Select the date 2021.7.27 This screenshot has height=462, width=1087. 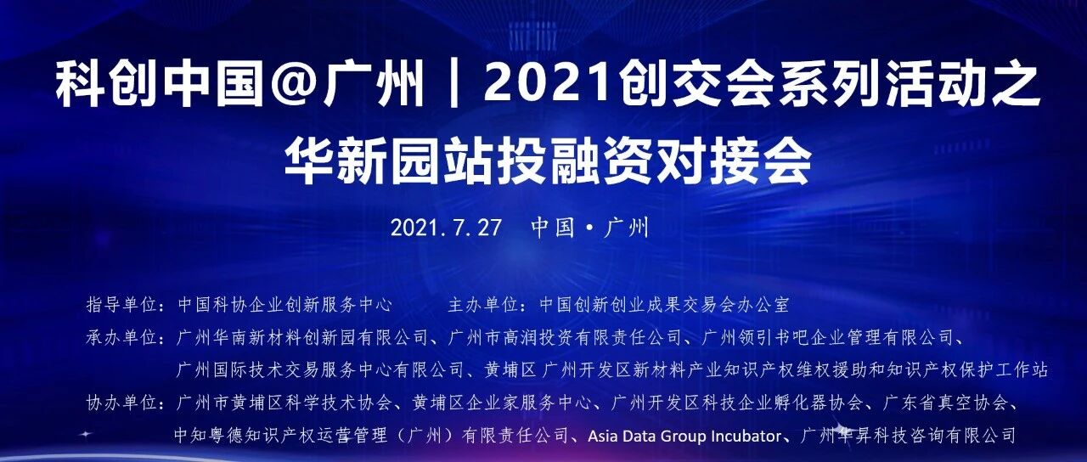coord(446,228)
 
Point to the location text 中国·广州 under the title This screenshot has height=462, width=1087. coord(589,228)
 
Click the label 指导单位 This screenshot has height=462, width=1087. coord(122,305)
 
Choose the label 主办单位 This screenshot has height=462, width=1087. coord(483,305)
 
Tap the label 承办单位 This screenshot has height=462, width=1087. coord(122,337)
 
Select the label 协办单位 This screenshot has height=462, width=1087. coord(122,403)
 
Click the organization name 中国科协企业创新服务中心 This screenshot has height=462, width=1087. coord(284,305)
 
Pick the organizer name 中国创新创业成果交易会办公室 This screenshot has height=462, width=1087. coord(664,305)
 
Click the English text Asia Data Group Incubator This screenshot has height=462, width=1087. coord(684,437)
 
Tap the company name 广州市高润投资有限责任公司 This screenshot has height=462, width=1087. coord(566,337)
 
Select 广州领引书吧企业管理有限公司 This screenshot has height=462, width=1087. coord(828,337)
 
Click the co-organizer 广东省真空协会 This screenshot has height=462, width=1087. coord(945,403)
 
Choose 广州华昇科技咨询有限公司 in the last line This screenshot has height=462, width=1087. coord(908,436)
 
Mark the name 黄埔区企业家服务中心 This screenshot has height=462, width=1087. coord(502,403)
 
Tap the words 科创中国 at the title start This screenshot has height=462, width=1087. coord(160,87)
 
